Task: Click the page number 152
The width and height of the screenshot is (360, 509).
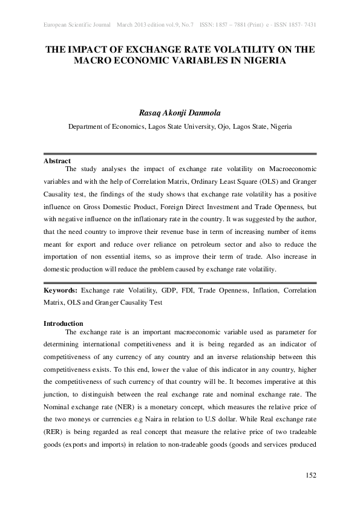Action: pyautogui.click(x=310, y=475)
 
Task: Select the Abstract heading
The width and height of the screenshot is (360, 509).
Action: pyautogui.click(x=57, y=161)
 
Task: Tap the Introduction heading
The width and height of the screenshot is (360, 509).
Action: pyautogui.click(x=63, y=323)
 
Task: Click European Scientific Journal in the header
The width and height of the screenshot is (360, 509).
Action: pyautogui.click(x=77, y=25)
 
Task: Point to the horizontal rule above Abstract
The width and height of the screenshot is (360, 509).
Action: pyautogui.click(x=180, y=154)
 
